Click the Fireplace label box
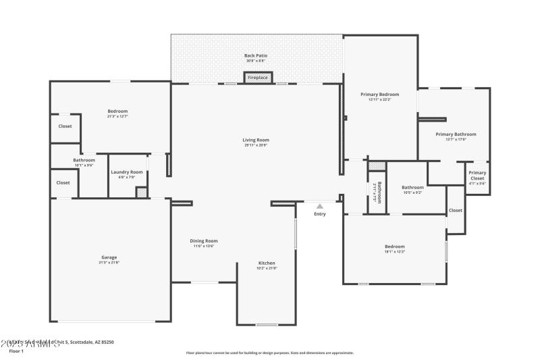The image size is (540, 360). (x=258, y=78)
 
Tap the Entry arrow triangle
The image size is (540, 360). (x=320, y=207)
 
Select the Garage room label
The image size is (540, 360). (x=109, y=257)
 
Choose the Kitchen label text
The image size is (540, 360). (x=267, y=263)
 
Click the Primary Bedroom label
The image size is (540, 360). (x=379, y=95)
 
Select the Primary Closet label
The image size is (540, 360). (x=477, y=175)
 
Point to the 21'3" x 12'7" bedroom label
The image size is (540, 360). (x=117, y=116)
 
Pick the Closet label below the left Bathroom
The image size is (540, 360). (x=63, y=182)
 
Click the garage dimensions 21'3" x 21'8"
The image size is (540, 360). (x=109, y=262)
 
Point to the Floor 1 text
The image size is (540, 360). (x=16, y=351)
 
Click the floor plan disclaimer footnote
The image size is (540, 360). (x=270, y=353)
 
